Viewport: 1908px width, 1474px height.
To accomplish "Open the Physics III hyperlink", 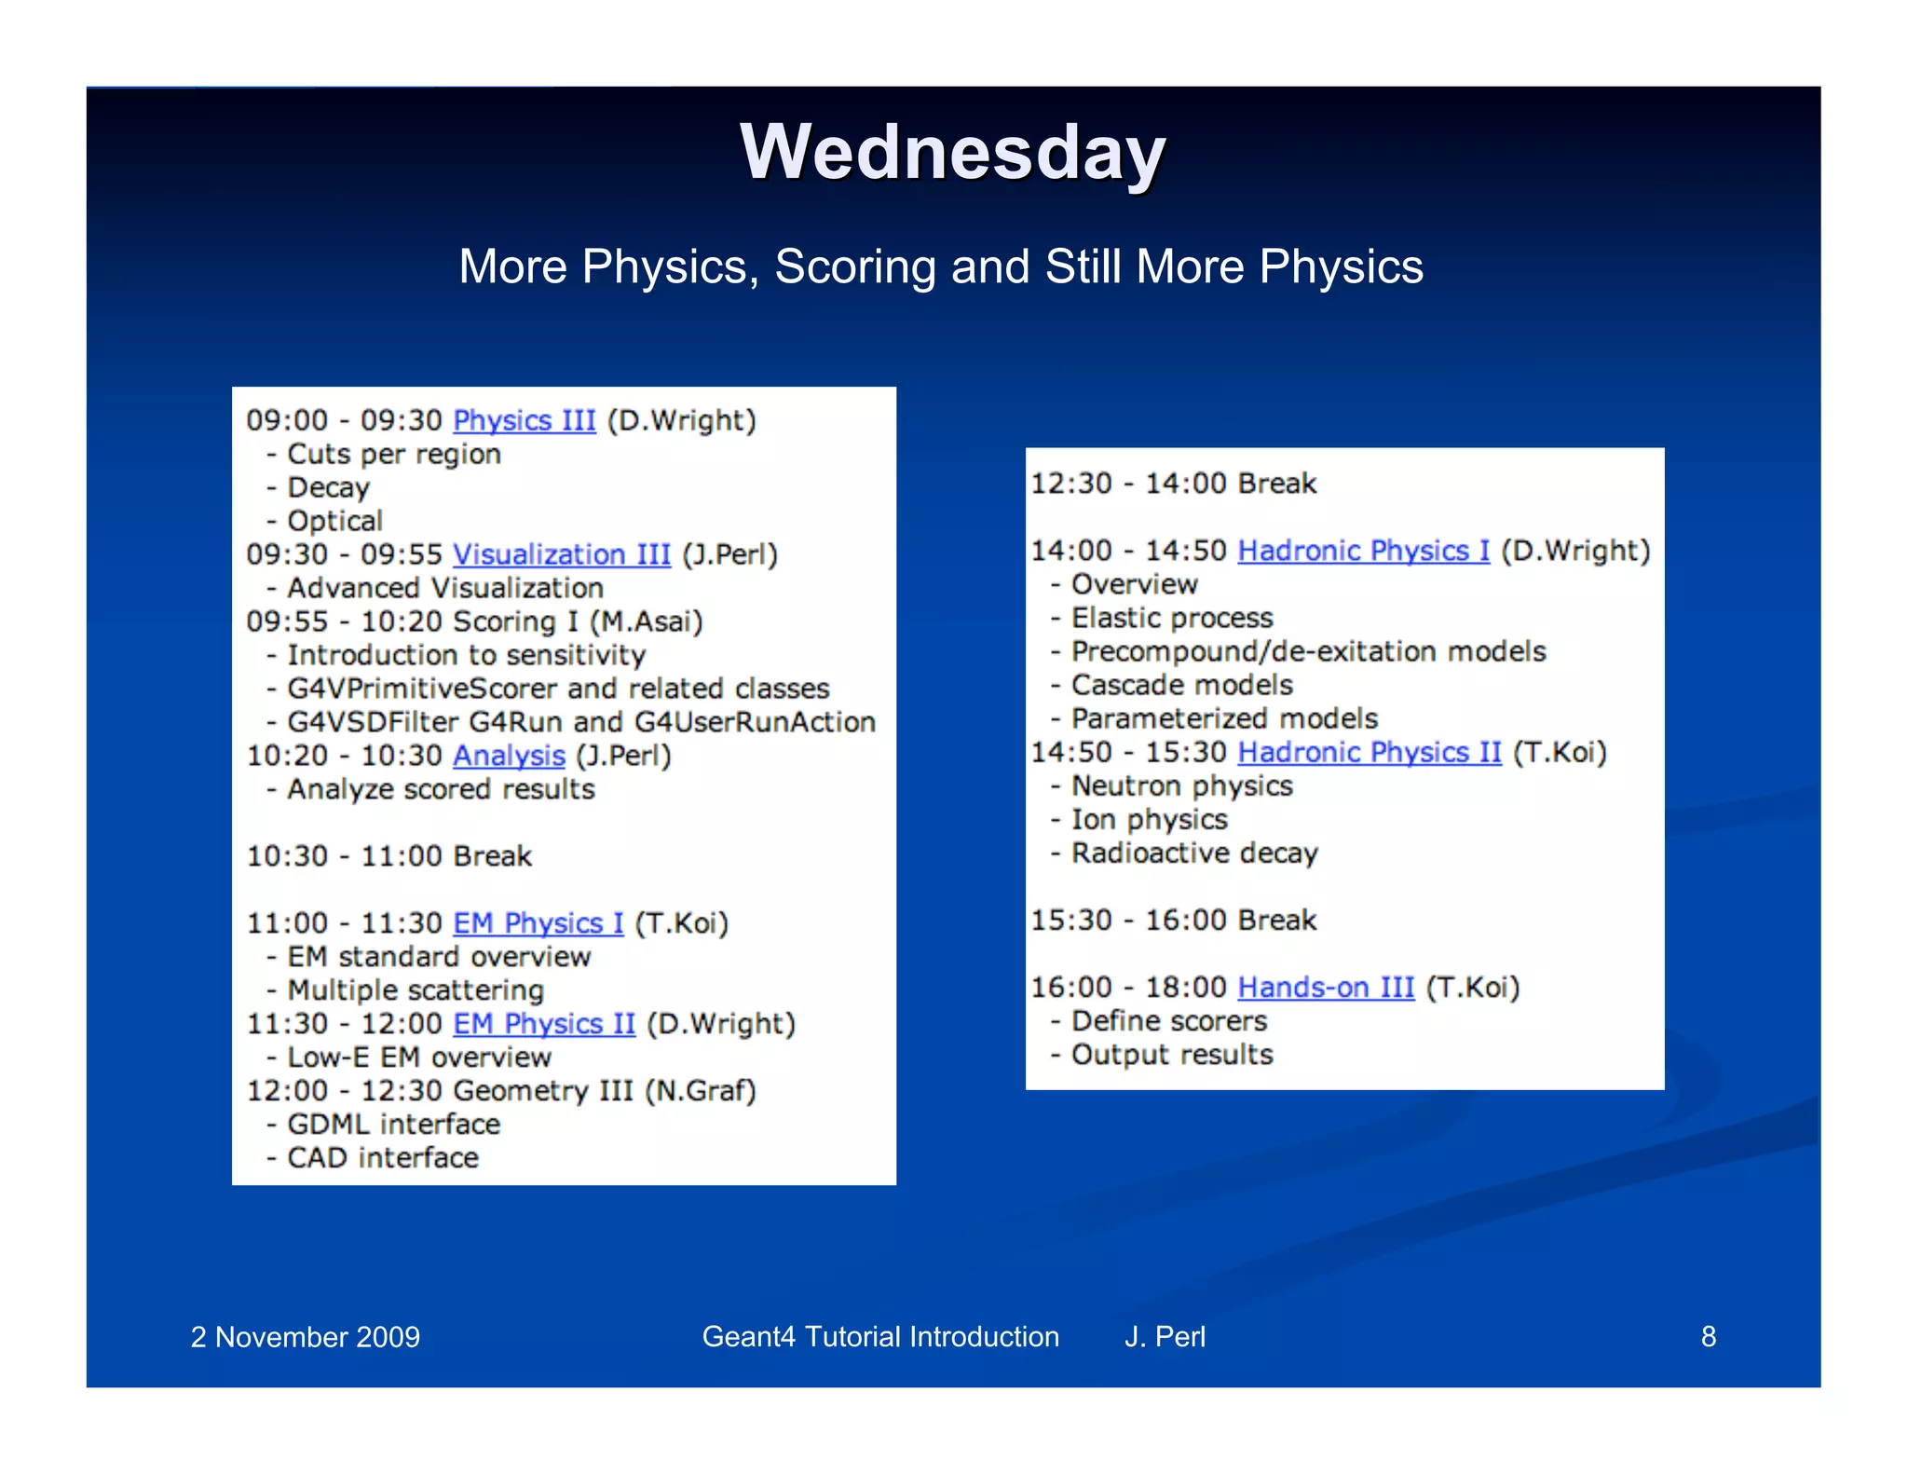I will [x=524, y=420].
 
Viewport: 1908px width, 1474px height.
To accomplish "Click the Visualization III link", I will [x=561, y=554].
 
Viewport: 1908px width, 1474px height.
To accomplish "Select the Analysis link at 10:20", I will [x=509, y=756].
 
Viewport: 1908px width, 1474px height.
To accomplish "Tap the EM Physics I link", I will [x=538, y=923].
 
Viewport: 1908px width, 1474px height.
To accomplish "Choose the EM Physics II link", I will [x=543, y=1024].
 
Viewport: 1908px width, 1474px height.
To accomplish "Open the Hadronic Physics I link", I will [x=1363, y=551].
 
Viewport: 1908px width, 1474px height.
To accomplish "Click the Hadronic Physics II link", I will [x=1369, y=752].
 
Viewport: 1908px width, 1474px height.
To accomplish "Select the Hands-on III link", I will [x=1325, y=987].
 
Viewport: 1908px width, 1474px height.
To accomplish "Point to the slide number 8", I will [x=1708, y=1336].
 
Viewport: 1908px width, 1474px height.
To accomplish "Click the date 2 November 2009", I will [x=305, y=1337].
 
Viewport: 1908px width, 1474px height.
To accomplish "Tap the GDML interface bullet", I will [x=393, y=1125].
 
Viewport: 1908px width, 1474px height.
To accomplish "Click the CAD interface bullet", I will [x=382, y=1158].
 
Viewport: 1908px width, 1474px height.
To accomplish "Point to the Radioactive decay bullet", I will [x=1194, y=853].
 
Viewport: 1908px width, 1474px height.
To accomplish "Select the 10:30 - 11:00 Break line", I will [x=388, y=856].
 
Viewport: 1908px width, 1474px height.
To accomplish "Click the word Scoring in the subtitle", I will [x=855, y=267].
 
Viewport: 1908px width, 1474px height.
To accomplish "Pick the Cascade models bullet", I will [x=1181, y=685].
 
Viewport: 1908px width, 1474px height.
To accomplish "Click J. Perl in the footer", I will [x=1165, y=1336].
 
